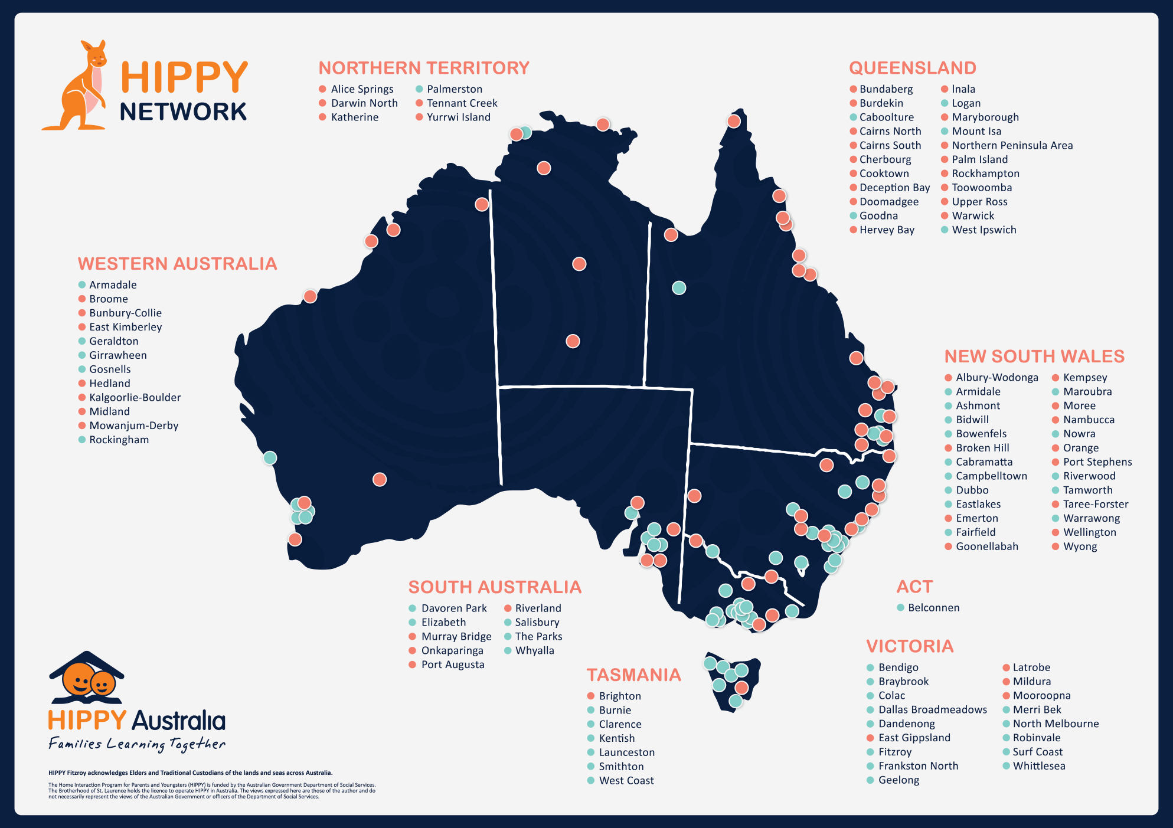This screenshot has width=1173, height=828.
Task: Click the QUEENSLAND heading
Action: click(912, 68)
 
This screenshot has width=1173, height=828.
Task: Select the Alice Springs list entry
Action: click(362, 89)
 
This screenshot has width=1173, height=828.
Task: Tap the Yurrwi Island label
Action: click(458, 117)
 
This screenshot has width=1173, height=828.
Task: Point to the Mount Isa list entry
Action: click(976, 132)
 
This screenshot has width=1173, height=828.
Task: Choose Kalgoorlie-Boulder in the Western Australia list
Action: click(135, 398)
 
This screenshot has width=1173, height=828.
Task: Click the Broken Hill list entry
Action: click(982, 448)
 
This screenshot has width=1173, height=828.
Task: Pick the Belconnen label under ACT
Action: click(933, 608)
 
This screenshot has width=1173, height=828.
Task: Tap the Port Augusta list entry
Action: click(452, 665)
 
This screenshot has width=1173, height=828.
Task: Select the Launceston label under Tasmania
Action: click(626, 752)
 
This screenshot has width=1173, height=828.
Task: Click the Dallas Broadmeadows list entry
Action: click(932, 710)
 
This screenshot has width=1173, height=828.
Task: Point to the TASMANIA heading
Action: click(633, 675)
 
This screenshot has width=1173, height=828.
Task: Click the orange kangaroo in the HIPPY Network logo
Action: click(80, 89)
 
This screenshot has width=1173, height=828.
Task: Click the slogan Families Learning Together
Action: click(137, 744)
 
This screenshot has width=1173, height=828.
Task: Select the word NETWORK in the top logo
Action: click(183, 112)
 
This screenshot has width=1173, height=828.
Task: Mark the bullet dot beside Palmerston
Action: click(419, 89)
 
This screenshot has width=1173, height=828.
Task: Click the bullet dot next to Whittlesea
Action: click(1007, 766)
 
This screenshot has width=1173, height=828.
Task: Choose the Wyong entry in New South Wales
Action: click(1080, 546)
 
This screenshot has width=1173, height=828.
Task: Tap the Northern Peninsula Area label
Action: click(1012, 146)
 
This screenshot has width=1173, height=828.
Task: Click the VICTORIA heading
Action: click(910, 646)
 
